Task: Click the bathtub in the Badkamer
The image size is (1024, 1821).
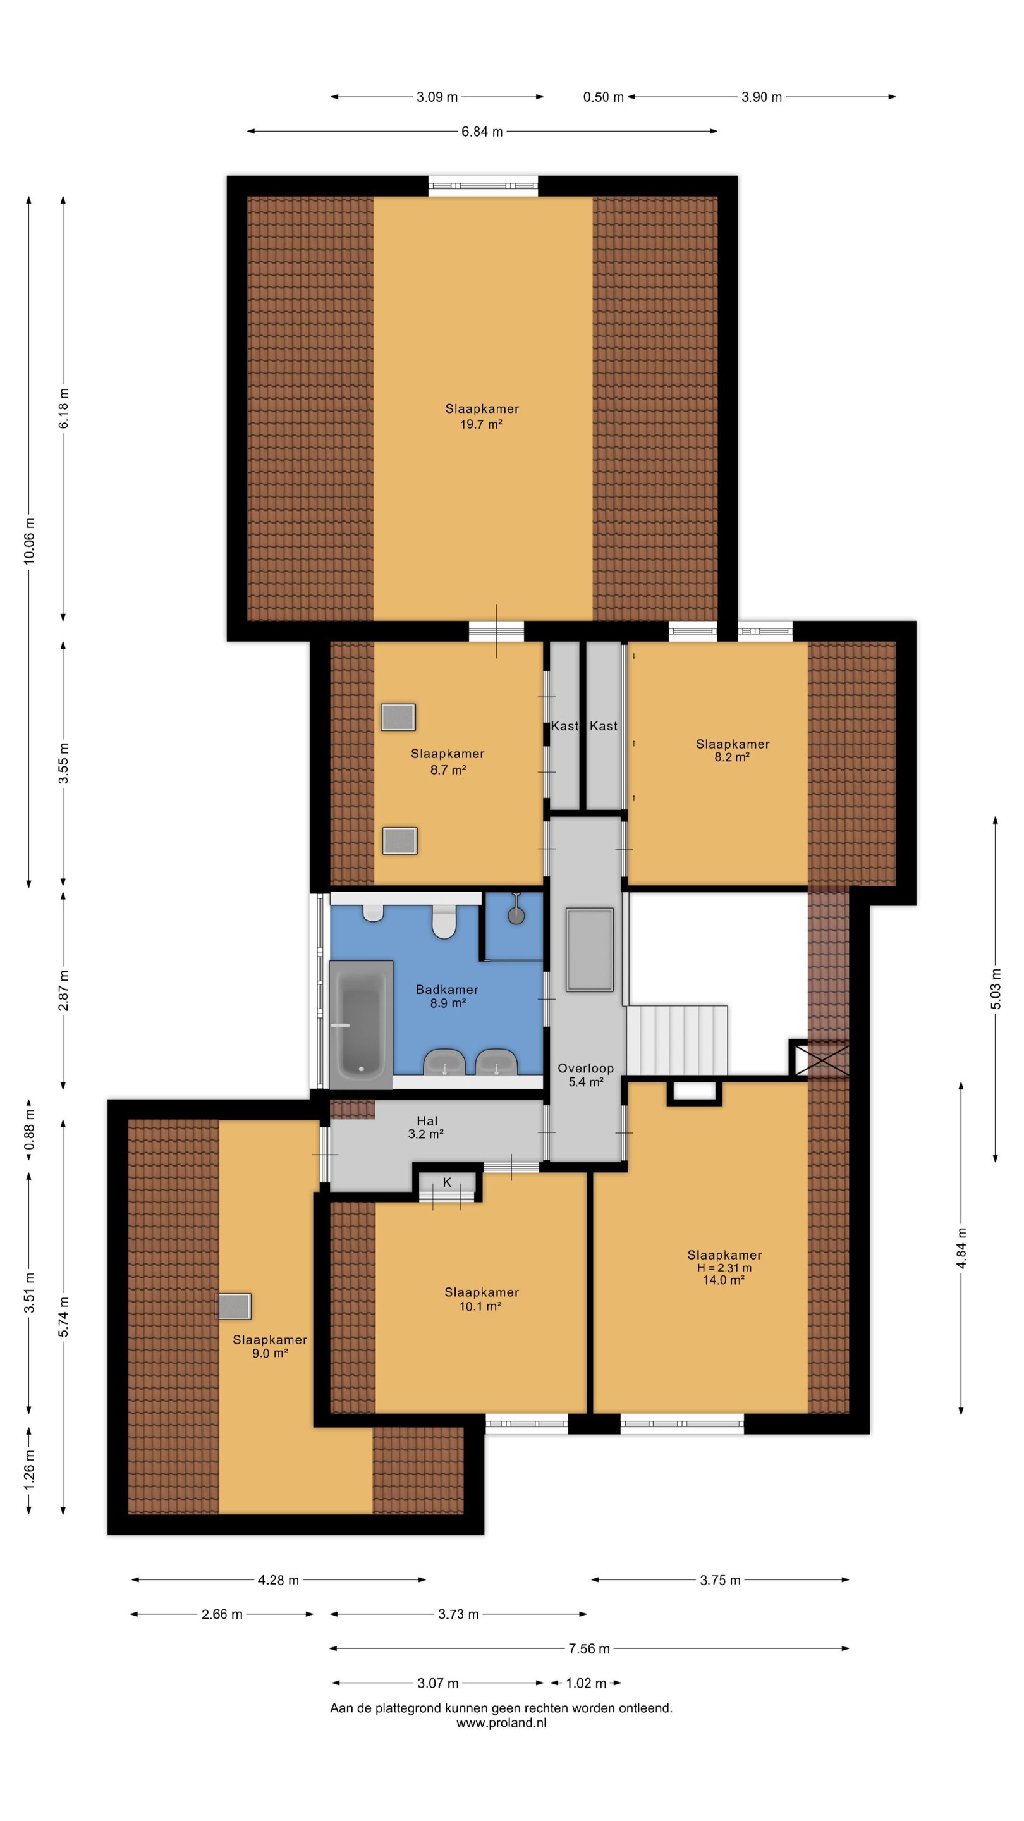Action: pos(360,1024)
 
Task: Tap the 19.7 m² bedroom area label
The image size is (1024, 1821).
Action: pos(481,424)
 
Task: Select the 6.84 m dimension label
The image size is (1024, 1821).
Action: pos(482,132)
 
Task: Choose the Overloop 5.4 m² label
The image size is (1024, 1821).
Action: pos(586,1074)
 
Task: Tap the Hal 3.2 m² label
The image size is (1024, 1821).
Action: pos(426,1127)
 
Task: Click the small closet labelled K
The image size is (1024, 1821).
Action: pos(447,1185)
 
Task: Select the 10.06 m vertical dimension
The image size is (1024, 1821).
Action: pos(29,541)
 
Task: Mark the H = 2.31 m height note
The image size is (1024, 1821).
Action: pos(724,1268)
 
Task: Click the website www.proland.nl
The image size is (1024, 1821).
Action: pos(501,1723)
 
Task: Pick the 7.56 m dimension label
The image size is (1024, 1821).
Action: pos(588,1648)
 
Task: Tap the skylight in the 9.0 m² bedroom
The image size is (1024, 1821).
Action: pos(233,1306)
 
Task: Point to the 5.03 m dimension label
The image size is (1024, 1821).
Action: pos(996,988)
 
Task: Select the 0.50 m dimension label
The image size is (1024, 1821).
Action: pos(604,97)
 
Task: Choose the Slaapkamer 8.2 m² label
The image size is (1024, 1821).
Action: pos(732,750)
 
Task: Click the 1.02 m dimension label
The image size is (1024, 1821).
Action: pos(586,1683)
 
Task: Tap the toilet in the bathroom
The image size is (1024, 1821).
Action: pos(444,920)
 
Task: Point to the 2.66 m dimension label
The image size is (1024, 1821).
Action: pos(222,1614)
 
